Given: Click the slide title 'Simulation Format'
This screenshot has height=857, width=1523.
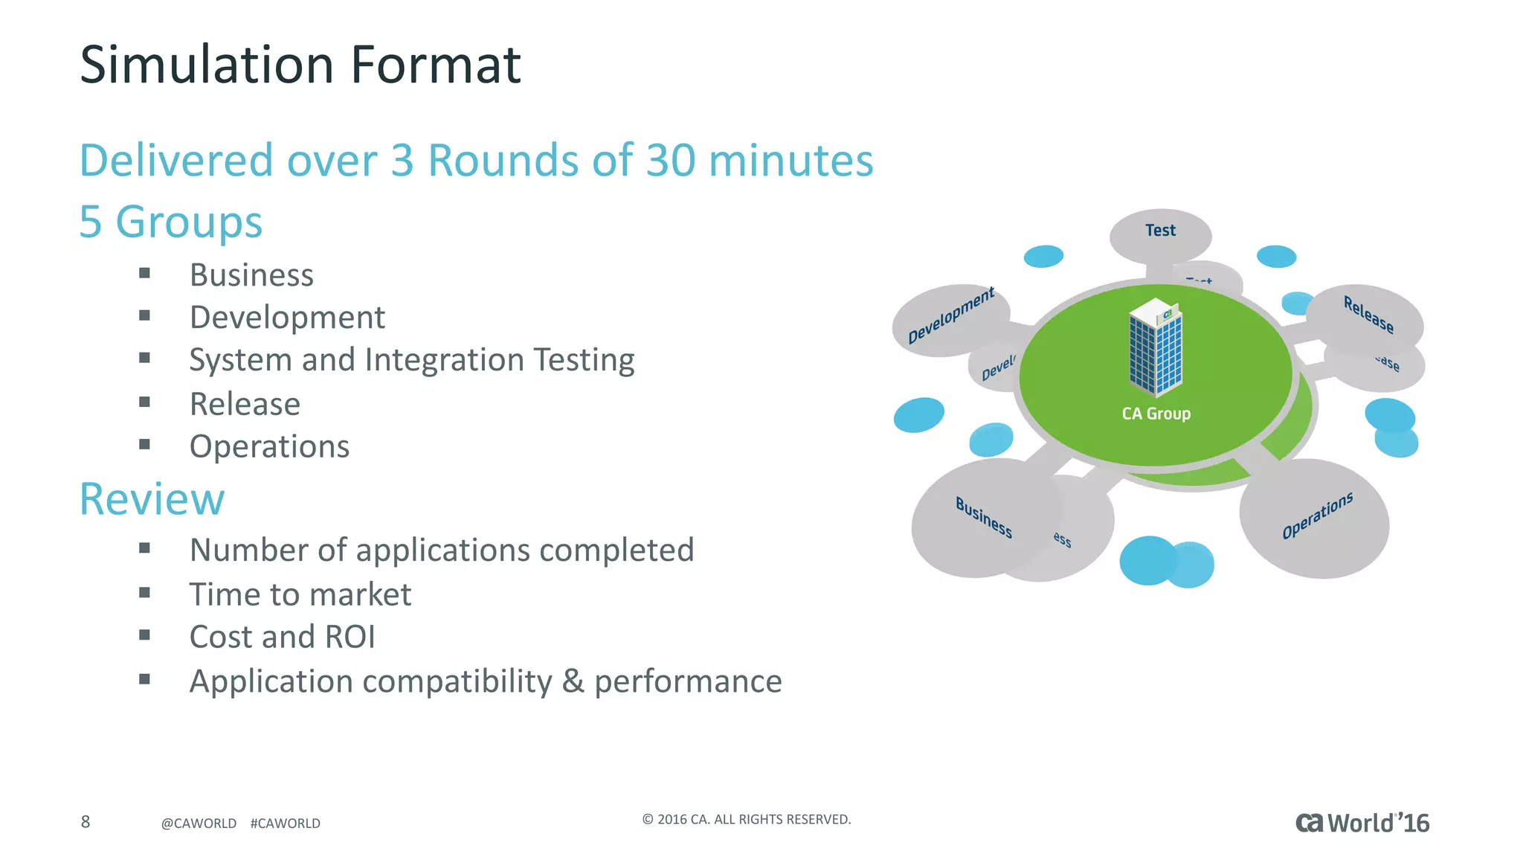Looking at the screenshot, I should tap(300, 65).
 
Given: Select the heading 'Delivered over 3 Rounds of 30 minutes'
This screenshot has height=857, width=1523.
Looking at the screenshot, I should tap(476, 161).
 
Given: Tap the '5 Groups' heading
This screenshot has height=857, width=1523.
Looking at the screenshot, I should tap(171, 222).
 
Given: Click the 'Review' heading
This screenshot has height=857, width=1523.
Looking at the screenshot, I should tap(152, 498).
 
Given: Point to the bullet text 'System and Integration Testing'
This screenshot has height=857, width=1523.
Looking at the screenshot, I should tap(412, 360).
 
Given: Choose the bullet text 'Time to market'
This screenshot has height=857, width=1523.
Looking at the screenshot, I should tap(300, 594).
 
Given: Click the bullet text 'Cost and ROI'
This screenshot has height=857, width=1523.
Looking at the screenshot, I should tap(282, 637).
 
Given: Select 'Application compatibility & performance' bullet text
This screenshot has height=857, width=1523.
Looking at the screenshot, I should tap(486, 681).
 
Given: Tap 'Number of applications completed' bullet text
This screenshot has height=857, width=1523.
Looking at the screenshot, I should tap(442, 551).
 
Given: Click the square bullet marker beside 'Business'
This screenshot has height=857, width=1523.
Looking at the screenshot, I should tap(144, 273).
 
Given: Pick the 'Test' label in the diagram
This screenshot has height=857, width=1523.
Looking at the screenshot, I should tap(1160, 231).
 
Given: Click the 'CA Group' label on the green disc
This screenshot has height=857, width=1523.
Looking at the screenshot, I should tap(1156, 414).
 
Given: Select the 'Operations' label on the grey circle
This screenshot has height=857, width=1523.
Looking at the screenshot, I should tap(1317, 515).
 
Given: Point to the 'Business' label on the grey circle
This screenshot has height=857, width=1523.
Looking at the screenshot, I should tap(983, 517).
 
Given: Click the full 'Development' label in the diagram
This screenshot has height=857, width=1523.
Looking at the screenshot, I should tap(950, 315).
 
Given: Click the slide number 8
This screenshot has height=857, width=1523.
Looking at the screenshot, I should tap(86, 822).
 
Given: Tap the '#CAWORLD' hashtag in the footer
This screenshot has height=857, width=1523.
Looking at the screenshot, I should tap(286, 824).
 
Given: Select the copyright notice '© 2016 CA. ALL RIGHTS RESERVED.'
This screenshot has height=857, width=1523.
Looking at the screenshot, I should tap(746, 820).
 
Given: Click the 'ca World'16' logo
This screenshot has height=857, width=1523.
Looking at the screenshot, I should tap(1362, 823).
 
